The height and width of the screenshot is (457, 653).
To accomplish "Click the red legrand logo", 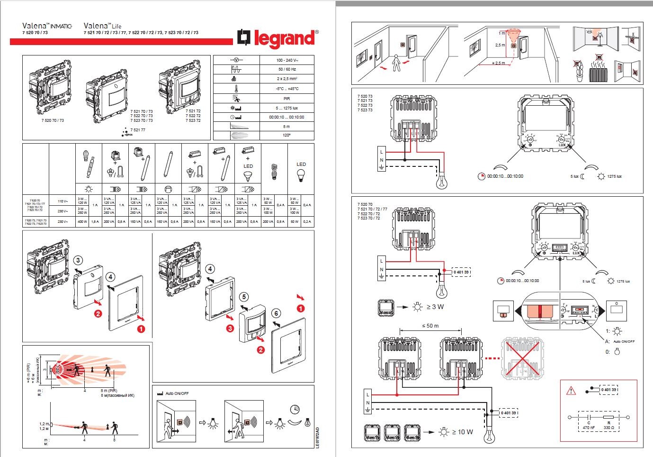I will pyautogui.click(x=278, y=38).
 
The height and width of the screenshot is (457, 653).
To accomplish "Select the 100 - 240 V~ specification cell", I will pyautogui.click(x=286, y=60).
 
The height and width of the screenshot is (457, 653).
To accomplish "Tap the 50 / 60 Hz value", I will pyautogui.click(x=286, y=69).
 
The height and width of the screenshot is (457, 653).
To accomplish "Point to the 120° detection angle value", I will pyautogui.click(x=286, y=136).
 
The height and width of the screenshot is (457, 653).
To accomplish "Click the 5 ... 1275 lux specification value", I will pyautogui.click(x=286, y=108).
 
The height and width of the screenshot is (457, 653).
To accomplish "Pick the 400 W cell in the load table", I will pyautogui.click(x=82, y=221).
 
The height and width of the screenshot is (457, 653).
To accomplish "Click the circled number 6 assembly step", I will pyautogui.click(x=277, y=313).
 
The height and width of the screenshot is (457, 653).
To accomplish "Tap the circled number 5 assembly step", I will pyautogui.click(x=244, y=297).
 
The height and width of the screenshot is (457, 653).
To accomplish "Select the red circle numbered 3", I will pyautogui.click(x=230, y=328).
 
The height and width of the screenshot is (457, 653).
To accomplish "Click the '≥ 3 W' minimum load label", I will pyautogui.click(x=435, y=307).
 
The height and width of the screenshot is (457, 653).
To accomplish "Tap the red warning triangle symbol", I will pyautogui.click(x=571, y=391).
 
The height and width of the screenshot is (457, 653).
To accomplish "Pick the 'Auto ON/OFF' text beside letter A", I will pyautogui.click(x=624, y=341).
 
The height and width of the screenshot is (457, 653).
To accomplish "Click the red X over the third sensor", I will pyautogui.click(x=521, y=359).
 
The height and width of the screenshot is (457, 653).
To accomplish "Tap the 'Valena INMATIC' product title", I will pyautogui.click(x=47, y=26).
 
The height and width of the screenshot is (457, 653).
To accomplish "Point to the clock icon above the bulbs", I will pyautogui.click(x=295, y=409).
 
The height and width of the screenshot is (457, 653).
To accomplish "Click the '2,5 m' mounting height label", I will pyautogui.click(x=500, y=45).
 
